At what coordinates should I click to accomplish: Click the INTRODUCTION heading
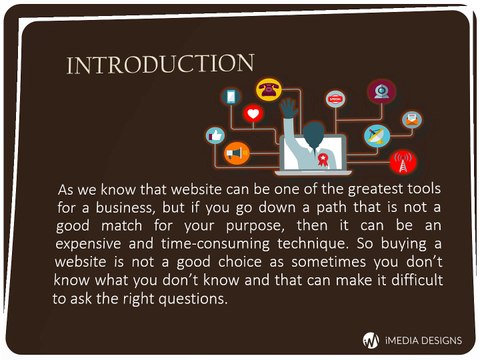coord(159,65)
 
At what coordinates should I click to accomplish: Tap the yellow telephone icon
coord(268,88)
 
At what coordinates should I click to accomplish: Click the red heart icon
coord(252,115)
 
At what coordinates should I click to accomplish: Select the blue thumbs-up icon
coord(214,134)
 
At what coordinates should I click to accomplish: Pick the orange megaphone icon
coord(235,154)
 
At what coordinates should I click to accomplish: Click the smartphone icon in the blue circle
coord(231,97)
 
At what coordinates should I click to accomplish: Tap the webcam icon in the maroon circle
coord(381,91)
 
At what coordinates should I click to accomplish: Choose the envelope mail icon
coord(410,119)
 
